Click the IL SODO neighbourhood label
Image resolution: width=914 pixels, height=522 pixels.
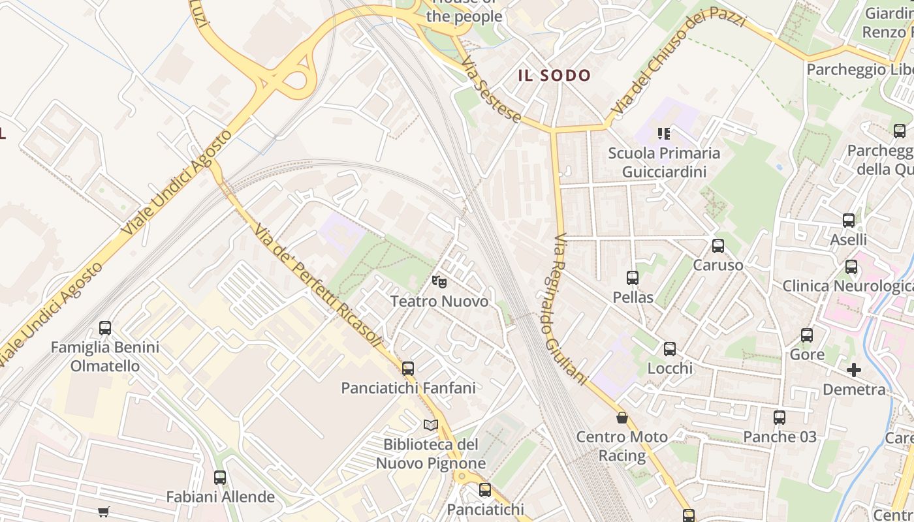(554, 76)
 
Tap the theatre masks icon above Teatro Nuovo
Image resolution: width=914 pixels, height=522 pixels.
(439, 283)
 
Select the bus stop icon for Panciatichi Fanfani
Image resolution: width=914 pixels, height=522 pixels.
(408, 369)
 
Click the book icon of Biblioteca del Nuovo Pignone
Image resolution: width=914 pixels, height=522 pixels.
(430, 425)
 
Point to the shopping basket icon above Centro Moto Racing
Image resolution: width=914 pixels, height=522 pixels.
(622, 418)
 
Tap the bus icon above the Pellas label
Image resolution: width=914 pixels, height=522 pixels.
(633, 278)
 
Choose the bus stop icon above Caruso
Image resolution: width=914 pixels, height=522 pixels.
(718, 246)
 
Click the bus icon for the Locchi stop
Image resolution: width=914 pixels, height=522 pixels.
(670, 349)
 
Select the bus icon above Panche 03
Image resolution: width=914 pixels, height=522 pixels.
(780, 418)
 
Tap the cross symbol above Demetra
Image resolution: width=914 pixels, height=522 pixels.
(854, 371)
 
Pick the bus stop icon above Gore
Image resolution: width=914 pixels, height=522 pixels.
(807, 335)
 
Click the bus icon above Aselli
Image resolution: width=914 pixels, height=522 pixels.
(849, 221)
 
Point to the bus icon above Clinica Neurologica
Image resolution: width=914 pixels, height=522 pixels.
(851, 267)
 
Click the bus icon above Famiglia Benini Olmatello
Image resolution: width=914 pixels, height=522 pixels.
(105, 328)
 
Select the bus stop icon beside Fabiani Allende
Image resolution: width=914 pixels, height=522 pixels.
(220, 478)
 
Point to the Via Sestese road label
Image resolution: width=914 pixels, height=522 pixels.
(491, 91)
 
